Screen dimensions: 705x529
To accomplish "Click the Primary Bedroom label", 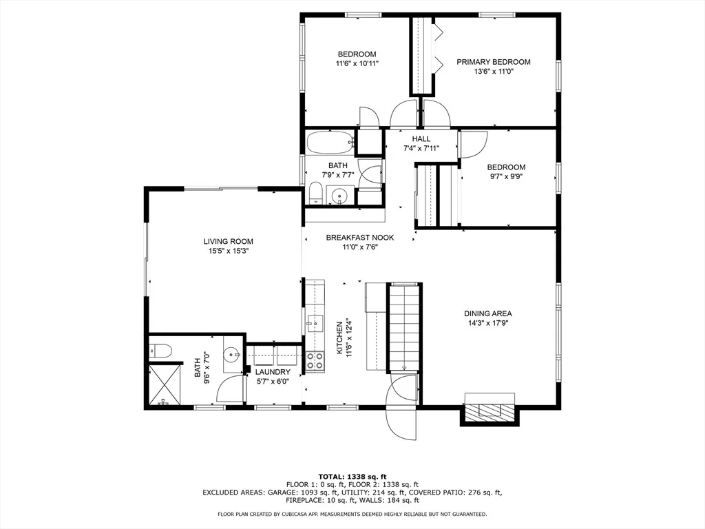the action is [493, 61].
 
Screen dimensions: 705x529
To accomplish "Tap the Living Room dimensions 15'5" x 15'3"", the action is [229, 251].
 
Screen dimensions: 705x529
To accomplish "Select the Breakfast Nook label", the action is [359, 238].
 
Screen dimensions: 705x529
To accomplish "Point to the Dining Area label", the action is [488, 313].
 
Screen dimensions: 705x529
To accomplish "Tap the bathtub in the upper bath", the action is [331, 143].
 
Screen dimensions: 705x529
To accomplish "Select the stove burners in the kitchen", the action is [315, 361].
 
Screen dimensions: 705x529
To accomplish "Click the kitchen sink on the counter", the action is [315, 323].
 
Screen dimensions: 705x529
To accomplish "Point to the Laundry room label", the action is [273, 372].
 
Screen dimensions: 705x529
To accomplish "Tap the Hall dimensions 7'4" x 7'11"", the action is [421, 148].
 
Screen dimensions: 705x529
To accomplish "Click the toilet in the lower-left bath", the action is [160, 351].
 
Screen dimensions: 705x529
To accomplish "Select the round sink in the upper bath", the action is [337, 196].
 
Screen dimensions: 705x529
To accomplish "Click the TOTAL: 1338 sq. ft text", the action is [352, 477].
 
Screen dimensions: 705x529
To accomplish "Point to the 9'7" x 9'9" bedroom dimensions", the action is [506, 176].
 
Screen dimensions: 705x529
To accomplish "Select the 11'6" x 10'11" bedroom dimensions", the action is [357, 63].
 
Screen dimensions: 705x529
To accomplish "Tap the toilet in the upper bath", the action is [315, 193].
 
